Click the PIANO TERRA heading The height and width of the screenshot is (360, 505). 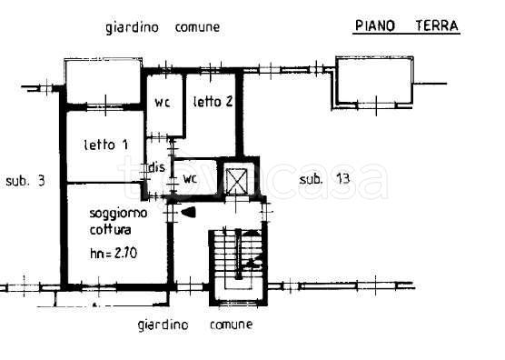click(x=405, y=25)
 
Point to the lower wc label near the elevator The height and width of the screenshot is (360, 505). click(x=190, y=178)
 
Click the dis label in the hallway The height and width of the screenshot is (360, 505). click(x=157, y=166)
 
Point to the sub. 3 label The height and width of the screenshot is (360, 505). click(x=25, y=180)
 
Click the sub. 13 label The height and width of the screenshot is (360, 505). click(x=324, y=178)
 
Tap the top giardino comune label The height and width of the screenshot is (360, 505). click(x=163, y=27)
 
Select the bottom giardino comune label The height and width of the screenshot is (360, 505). click(x=195, y=325)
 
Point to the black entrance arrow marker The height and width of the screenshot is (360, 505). click(x=188, y=212)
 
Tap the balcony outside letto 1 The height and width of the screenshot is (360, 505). click(x=102, y=82)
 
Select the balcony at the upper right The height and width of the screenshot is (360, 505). click(x=374, y=82)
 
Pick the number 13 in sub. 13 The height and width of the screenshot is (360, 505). click(x=342, y=178)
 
